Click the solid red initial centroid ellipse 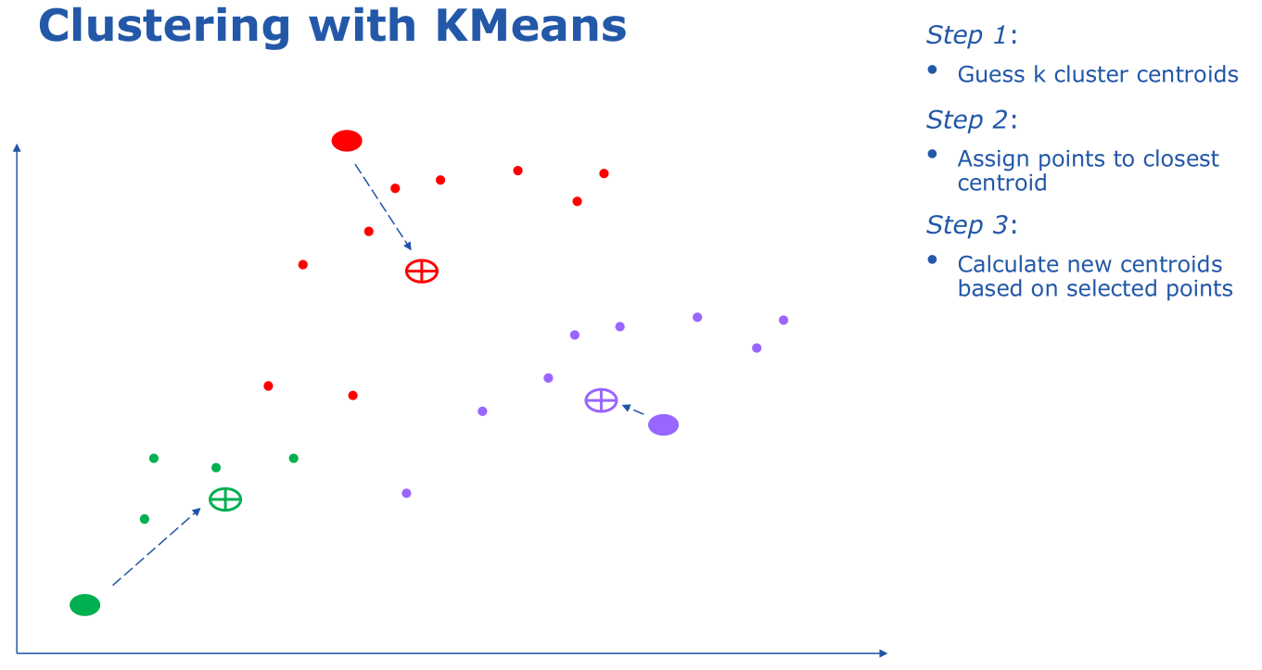(x=347, y=141)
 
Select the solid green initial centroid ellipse (x=84, y=605)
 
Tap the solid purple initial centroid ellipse (x=663, y=424)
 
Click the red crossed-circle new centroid (x=422, y=272)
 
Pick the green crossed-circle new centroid (x=225, y=499)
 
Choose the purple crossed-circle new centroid (x=601, y=400)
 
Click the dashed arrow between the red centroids (x=383, y=208)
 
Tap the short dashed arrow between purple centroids (x=632, y=410)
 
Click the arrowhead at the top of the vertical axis (x=17, y=146)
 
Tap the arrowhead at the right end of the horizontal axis (x=883, y=653)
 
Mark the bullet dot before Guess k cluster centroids (x=933, y=70)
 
